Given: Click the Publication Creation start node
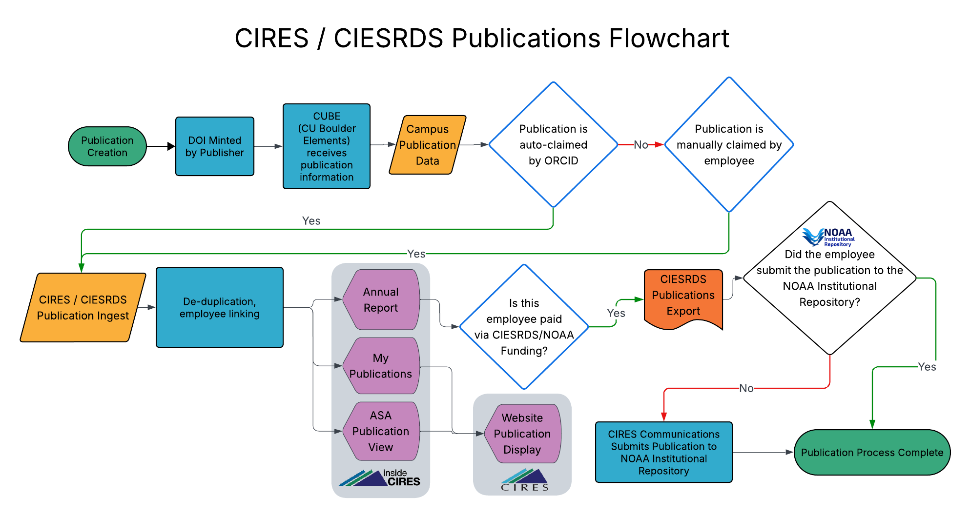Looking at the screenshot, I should tap(107, 146).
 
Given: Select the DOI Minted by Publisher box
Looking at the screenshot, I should tap(214, 146).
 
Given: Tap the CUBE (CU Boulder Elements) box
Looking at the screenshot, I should tap(326, 146).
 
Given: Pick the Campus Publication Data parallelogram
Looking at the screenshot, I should tap(427, 145).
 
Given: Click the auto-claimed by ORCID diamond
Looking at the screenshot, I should tap(553, 145).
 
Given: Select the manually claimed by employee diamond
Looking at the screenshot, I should tap(729, 145).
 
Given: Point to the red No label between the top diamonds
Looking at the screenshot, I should tap(640, 145).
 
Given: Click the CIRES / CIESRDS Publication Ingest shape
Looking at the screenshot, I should tap(83, 307).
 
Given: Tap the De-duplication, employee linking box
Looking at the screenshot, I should tap(219, 307).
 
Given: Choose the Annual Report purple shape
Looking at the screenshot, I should tap(381, 299).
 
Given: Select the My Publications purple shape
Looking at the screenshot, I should tap(381, 366).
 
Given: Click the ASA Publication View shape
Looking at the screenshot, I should tap(381, 431).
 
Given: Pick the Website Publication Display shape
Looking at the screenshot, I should tap(522, 434).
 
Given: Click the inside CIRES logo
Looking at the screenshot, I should tap(380, 478).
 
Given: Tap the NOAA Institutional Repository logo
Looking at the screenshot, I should tap(828, 237).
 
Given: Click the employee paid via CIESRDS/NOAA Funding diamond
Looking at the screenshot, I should tap(524, 327).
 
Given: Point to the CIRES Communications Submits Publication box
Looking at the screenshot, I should tap(663, 452).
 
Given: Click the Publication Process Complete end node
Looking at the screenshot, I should tap(872, 452).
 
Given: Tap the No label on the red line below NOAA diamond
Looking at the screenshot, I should tap(746, 388).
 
